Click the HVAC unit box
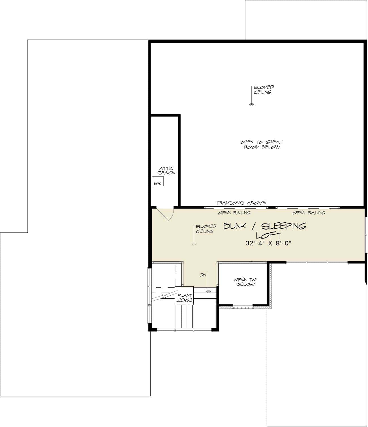pyautogui.click(x=158, y=181)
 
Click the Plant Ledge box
pyautogui.click(x=184, y=296)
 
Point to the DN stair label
pyautogui.click(x=203, y=275)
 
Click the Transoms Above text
pyautogui.click(x=241, y=203)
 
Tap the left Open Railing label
pyautogui.click(x=234, y=213)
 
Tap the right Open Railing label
pyautogui.click(x=309, y=213)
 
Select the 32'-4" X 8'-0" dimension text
pyautogui.click(x=268, y=243)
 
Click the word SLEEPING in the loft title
pyautogui.click(x=283, y=226)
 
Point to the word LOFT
pyautogui.click(x=269, y=235)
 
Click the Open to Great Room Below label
pyautogui.click(x=262, y=144)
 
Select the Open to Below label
pyautogui.click(x=245, y=282)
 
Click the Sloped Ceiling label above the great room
pyautogui.click(x=264, y=90)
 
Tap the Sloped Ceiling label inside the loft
pyautogui.click(x=206, y=229)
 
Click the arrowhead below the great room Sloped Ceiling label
pyautogui.click(x=251, y=105)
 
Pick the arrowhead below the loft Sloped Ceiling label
pyautogui.click(x=194, y=244)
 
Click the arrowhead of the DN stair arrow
pyautogui.click(x=208, y=291)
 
